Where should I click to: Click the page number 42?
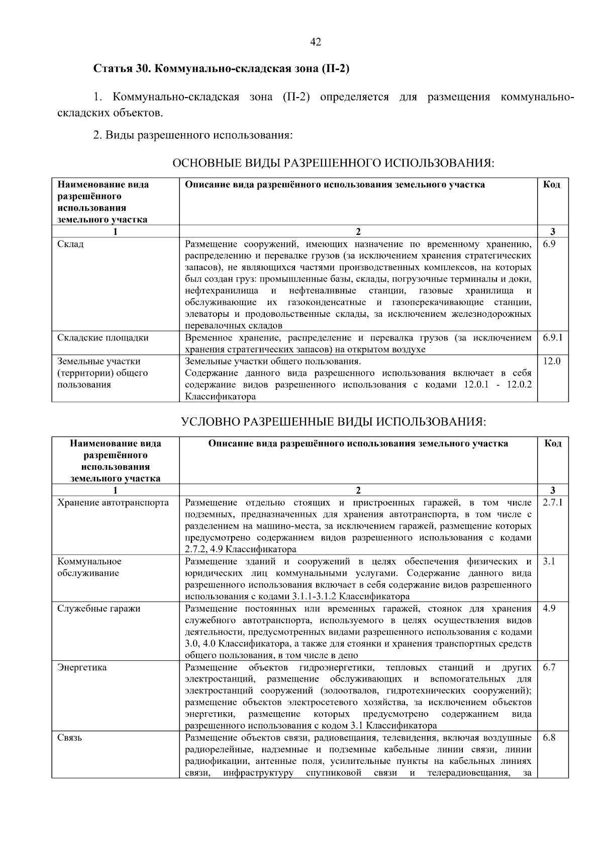tap(316, 42)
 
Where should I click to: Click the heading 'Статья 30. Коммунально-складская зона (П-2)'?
tap(221, 69)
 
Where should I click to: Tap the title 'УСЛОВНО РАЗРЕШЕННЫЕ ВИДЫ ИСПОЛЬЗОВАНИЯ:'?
tap(333, 421)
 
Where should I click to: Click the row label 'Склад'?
tap(70, 244)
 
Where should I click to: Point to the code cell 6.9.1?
tap(553, 337)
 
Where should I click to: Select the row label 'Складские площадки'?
tap(103, 337)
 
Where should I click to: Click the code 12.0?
tap(552, 361)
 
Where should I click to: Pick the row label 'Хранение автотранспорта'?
tap(113, 503)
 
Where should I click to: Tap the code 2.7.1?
tap(553, 503)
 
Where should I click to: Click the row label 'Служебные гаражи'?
tap(98, 609)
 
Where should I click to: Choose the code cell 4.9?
tap(549, 609)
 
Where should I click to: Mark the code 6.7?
tap(549, 667)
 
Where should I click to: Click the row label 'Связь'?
tap(70, 738)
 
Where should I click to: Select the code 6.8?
tap(549, 738)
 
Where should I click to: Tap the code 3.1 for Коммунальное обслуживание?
tap(549, 561)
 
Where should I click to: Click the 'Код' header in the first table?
tap(552, 185)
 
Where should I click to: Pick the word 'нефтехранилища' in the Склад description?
tap(222, 291)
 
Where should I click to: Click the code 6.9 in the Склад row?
tap(549, 244)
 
